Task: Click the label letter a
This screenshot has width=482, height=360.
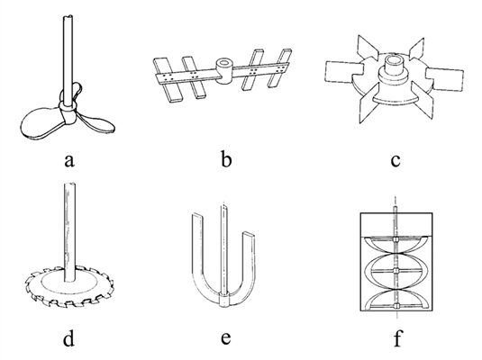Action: [69, 160]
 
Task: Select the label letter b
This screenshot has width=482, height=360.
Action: [226, 159]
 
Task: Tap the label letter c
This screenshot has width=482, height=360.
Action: [396, 160]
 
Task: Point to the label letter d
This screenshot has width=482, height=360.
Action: [68, 338]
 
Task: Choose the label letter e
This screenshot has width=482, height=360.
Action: [226, 337]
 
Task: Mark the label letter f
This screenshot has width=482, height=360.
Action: [397, 337]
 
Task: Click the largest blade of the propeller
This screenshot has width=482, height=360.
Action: [41, 123]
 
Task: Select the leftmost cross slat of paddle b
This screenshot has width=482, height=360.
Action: [168, 80]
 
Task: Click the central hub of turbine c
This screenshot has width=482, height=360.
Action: [394, 66]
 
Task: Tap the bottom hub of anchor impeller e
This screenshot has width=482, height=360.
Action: [224, 301]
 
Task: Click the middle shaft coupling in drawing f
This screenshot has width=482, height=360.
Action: [396, 270]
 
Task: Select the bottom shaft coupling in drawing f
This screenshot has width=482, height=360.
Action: [396, 306]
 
